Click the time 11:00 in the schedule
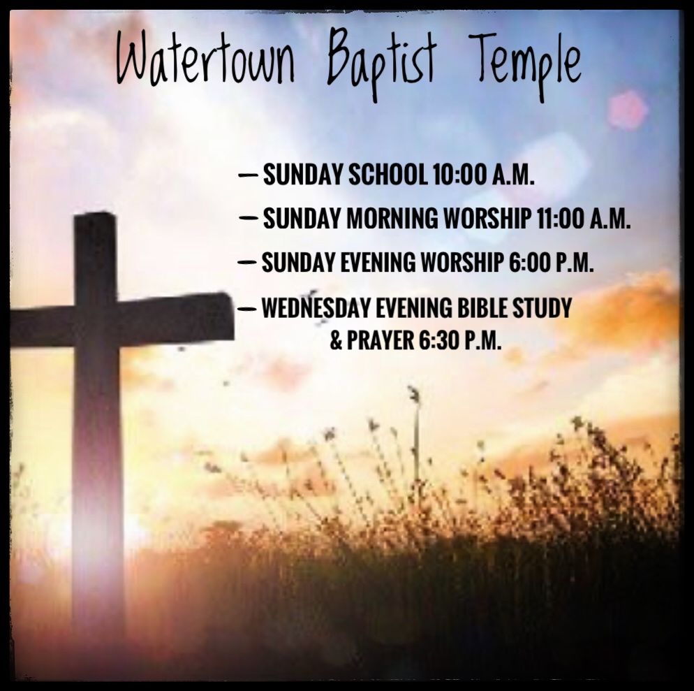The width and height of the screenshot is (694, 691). (560, 219)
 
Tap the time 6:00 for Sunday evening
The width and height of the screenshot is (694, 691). (530, 262)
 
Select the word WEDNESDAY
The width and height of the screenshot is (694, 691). (316, 307)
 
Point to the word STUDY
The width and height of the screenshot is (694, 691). (542, 307)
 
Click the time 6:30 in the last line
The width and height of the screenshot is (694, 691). (438, 340)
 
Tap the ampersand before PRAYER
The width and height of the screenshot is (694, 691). (336, 341)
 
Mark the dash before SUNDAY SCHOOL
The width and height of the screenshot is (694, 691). (248, 175)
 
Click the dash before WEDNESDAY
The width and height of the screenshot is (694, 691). (246, 309)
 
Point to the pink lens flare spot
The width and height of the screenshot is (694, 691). (627, 110)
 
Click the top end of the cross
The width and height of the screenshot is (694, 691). (95, 214)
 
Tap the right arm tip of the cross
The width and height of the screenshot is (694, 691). (231, 316)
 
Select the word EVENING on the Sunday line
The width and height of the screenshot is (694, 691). (378, 262)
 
